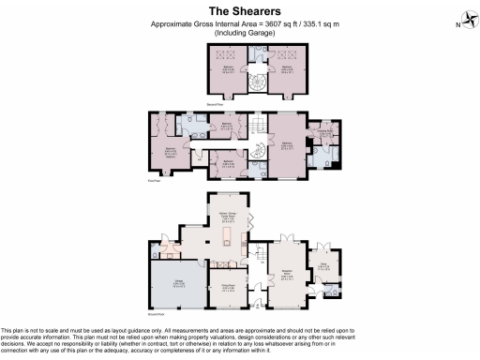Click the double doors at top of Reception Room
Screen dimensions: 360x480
point(289,232)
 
